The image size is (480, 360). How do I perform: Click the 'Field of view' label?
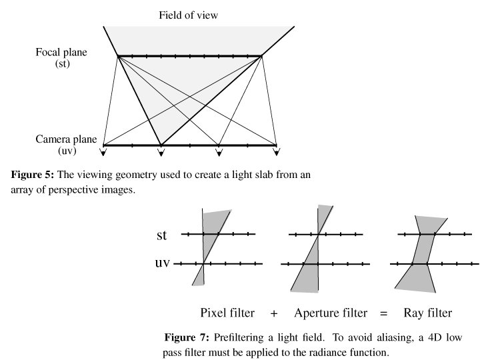(x=188, y=14)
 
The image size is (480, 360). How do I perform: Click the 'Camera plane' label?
(x=66, y=140)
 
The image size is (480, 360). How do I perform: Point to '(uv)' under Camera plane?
(x=65, y=153)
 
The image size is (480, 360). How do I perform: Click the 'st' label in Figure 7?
(x=163, y=235)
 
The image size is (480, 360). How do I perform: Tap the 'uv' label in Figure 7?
(x=163, y=263)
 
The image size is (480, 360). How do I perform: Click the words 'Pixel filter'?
(x=227, y=313)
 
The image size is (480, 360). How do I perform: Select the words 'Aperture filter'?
(x=331, y=313)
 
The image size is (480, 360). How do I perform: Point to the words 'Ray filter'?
(x=428, y=313)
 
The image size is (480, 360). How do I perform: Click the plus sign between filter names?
(x=274, y=313)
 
